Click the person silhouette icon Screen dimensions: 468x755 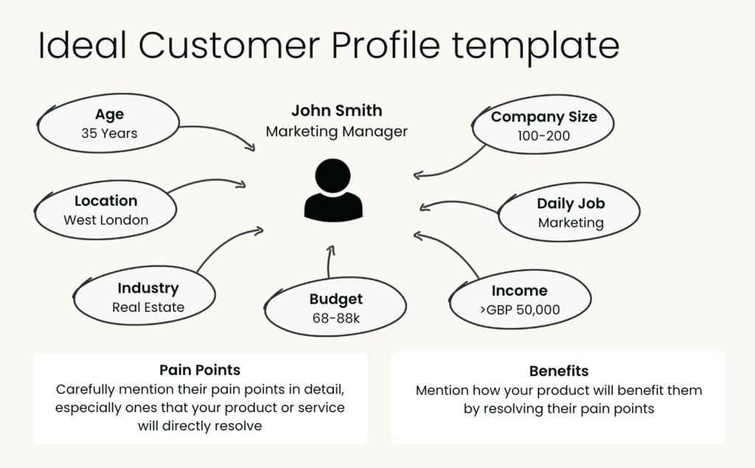[x=333, y=189]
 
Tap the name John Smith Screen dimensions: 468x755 [x=336, y=111]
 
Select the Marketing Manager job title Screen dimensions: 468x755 [x=336, y=132]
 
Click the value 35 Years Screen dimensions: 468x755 [x=109, y=133]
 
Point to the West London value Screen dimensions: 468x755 [x=105, y=220]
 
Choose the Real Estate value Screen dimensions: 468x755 [x=148, y=307]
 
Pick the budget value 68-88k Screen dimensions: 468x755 [x=335, y=319]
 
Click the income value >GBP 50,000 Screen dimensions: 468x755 [x=518, y=310]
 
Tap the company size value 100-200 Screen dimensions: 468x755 [x=543, y=136]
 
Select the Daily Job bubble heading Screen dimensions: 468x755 [x=571, y=203]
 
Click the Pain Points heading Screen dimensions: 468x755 [x=200, y=370]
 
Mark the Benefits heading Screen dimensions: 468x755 [x=559, y=371]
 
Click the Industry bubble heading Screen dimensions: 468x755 [x=147, y=288]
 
